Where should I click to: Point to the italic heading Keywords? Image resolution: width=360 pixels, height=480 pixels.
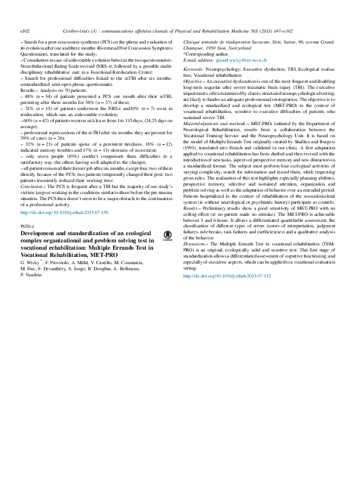tap(193, 70)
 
